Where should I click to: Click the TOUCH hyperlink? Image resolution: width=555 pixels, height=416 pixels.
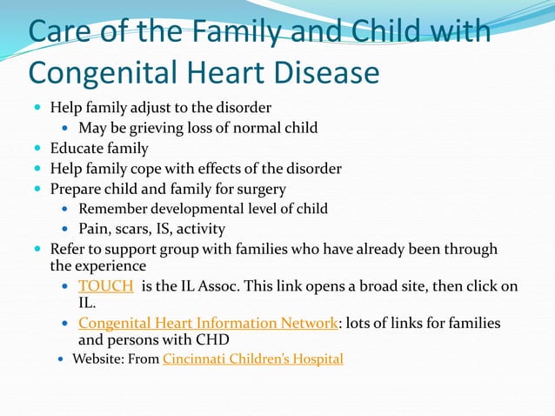coord(105,285)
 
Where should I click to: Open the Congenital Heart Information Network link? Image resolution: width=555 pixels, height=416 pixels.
coord(207,323)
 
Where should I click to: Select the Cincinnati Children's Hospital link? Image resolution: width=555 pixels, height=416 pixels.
coord(252,358)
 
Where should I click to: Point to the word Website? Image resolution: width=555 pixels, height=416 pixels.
coord(98,358)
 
